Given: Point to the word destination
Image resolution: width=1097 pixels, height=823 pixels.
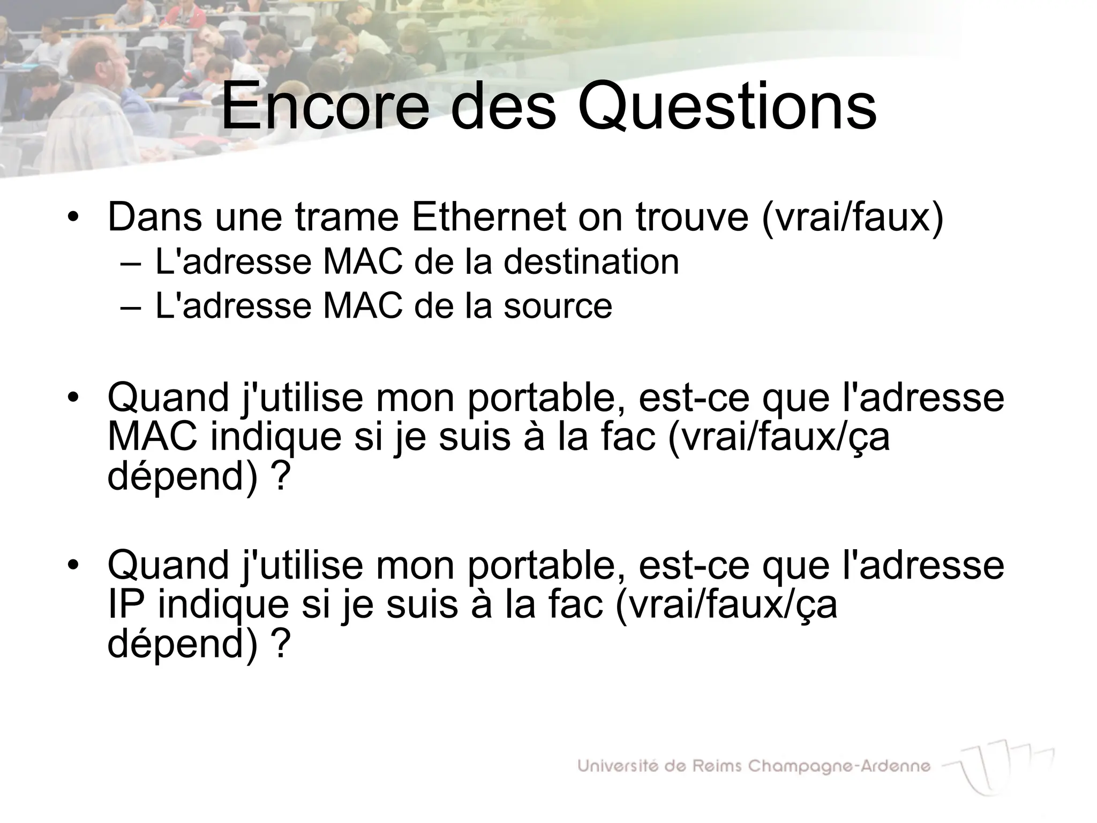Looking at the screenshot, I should [591, 262].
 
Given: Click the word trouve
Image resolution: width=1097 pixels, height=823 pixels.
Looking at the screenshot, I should [692, 217].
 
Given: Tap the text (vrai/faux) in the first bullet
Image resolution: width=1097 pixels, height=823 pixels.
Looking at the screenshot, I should [852, 217].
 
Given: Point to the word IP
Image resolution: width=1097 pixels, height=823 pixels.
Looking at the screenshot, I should [126, 604].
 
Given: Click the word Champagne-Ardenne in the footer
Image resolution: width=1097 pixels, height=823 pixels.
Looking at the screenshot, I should [839, 767].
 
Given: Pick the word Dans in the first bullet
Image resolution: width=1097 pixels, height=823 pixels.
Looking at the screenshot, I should [155, 217].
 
